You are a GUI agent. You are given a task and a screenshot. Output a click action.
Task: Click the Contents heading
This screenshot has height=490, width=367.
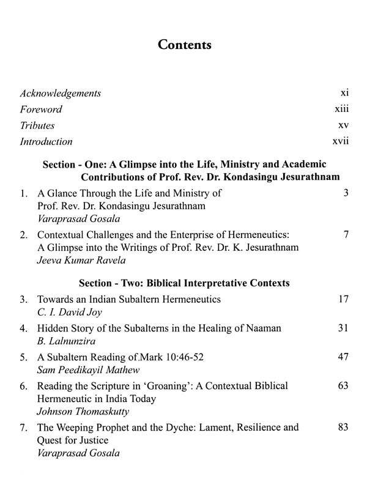click(184, 45)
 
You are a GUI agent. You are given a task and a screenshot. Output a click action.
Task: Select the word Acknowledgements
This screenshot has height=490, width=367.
click(61, 94)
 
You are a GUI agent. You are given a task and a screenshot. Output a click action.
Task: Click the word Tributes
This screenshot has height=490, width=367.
click(37, 125)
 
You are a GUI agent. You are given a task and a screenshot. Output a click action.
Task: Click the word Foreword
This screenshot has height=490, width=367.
click(41, 110)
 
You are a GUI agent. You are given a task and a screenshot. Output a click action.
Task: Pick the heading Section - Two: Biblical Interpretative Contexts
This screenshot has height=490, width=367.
click(185, 283)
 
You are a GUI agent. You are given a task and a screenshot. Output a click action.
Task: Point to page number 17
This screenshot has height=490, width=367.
click(343, 300)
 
